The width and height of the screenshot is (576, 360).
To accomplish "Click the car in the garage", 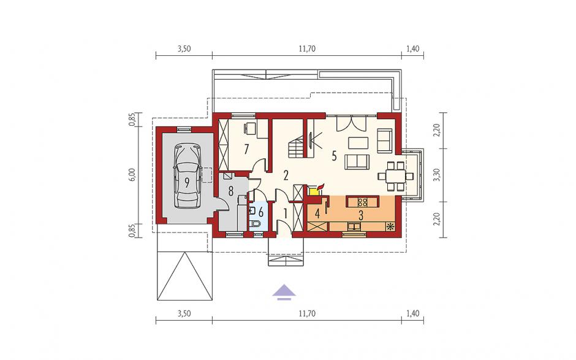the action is pos(188,177).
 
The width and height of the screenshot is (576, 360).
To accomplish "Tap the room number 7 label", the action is pos(246,149).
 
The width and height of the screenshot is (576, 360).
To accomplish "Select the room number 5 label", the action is pos(334,156).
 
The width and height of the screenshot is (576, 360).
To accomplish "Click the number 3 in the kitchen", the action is pos(361,215).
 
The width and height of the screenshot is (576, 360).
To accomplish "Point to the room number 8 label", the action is pos(230,191).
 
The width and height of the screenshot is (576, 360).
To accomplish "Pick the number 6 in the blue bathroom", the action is pos(261,212).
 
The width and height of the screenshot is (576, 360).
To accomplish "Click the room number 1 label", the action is pos(286,213).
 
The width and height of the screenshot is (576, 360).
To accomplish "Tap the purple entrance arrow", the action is pos(284,293).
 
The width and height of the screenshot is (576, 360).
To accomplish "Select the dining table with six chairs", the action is pos(396,176).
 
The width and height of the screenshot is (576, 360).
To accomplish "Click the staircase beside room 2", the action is pos(297,147).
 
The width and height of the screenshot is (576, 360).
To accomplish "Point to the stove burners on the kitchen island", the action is pos(363,202).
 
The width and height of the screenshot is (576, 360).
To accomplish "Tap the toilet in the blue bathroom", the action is pos(254,224).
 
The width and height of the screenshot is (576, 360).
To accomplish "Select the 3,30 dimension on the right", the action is pos(436,175).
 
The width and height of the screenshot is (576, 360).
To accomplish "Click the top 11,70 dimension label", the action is pos(307,49).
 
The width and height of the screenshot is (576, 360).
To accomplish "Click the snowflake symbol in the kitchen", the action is pos(389,226).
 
